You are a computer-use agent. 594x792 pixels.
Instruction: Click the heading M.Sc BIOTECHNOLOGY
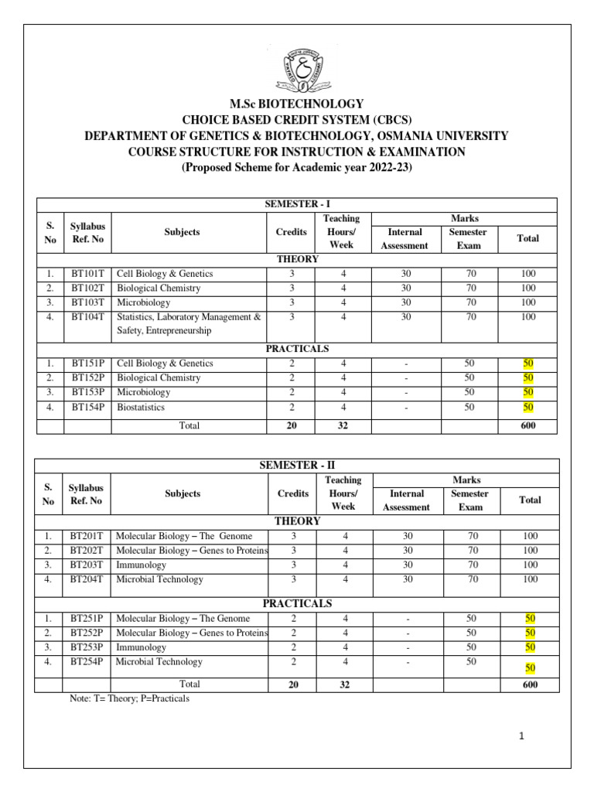tap(296, 104)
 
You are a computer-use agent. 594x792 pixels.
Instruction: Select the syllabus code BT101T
tap(87, 274)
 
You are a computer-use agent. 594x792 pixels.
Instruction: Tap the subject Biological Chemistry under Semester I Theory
tap(159, 288)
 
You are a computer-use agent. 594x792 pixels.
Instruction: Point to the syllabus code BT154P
tap(87, 408)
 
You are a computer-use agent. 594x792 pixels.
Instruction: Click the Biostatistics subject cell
tap(141, 408)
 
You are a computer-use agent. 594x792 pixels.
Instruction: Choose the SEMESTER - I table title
tap(297, 203)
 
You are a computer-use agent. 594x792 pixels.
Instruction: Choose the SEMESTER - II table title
tap(297, 465)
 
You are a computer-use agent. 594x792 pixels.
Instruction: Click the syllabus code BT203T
tap(87, 565)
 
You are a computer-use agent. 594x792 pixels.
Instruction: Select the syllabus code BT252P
tap(87, 633)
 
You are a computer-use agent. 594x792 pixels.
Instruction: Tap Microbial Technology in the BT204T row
tap(159, 579)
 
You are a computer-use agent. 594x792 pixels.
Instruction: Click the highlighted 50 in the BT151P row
tap(528, 364)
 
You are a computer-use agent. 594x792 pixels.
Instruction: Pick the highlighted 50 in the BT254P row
tap(530, 667)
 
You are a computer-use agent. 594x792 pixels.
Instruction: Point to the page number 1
tap(524, 736)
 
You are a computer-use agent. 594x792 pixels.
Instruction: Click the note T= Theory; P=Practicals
tap(129, 698)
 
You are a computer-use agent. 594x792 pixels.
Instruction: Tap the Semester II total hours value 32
tap(344, 684)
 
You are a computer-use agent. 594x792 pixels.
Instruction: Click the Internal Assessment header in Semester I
tap(405, 238)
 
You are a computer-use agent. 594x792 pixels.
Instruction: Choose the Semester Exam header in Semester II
tap(469, 500)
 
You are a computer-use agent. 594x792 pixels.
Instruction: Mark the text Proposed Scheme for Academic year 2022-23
tap(296, 166)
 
